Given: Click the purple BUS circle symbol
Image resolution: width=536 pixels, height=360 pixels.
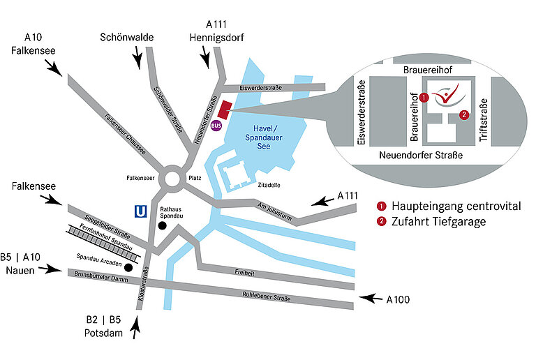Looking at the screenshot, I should pos(216,126).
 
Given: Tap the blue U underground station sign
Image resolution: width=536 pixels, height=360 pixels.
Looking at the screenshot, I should pos(141,209).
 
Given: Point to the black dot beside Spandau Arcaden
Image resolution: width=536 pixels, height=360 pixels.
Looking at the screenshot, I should pos(128,267).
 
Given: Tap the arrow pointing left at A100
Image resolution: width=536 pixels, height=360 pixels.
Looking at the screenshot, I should pos(371,300).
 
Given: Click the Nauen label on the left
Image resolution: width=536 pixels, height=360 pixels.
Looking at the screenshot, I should pos(20,269).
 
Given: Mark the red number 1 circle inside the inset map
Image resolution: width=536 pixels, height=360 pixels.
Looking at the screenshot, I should pos(424,97).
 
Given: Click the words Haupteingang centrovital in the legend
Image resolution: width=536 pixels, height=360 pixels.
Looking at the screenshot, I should pos(456,207).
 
